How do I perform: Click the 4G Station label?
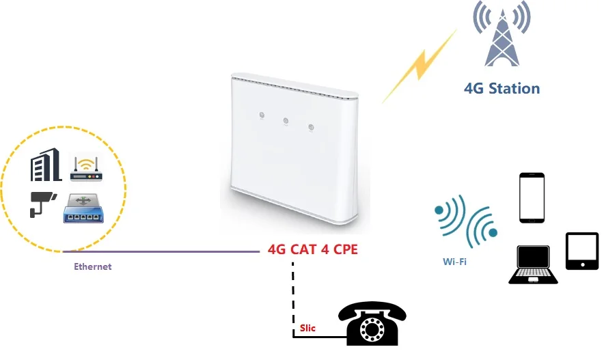pyautogui.click(x=502, y=89)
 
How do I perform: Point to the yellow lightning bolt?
pyautogui.click(x=419, y=66)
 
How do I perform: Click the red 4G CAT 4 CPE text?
pyautogui.click(x=312, y=249)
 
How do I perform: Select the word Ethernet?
pyautogui.click(x=92, y=266)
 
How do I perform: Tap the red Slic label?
pyautogui.click(x=308, y=329)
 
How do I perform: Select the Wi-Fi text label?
pyautogui.click(x=454, y=261)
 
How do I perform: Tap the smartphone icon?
pyautogui.click(x=532, y=197)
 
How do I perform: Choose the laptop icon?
pyautogui.click(x=533, y=265)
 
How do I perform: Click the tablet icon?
pyautogui.click(x=582, y=251)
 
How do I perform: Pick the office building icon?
pyautogui.click(x=46, y=165)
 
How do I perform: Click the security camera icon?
pyautogui.click(x=42, y=204)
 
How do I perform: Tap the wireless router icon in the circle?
pyautogui.click(x=86, y=169)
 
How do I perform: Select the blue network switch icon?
pyautogui.click(x=83, y=208)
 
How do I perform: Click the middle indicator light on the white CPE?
pyautogui.click(x=286, y=122)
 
